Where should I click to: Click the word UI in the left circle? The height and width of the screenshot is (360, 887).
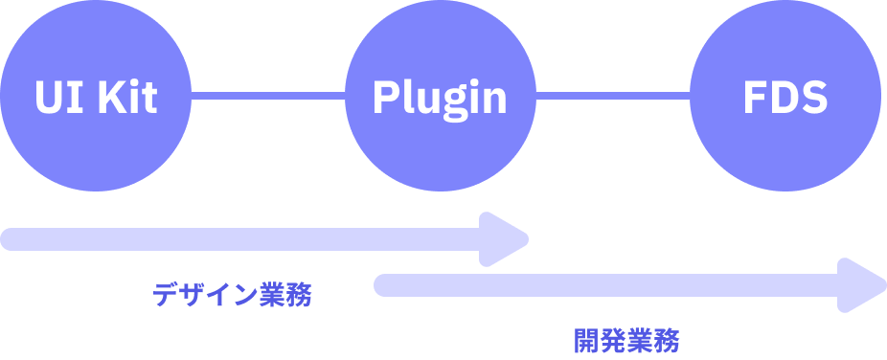57,97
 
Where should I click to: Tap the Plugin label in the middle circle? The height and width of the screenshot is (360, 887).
440,97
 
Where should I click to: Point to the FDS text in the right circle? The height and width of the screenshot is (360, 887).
785,97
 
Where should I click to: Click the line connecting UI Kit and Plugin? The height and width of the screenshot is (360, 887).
268,96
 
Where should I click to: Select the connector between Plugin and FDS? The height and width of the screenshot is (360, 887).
613,96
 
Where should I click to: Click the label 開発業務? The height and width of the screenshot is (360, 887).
627,341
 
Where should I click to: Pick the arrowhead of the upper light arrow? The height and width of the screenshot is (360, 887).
506,238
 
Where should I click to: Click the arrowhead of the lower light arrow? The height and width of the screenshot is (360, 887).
862,284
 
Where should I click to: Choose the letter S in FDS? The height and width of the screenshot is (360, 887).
813,97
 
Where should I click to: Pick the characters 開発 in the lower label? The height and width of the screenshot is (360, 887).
601,341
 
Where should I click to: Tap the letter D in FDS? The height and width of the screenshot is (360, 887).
783,97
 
